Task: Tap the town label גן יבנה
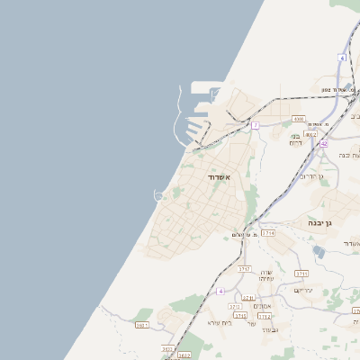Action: [x=314, y=222]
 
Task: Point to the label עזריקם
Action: [x=302, y=290]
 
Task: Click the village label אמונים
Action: [x=263, y=306]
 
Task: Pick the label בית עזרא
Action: [x=220, y=322]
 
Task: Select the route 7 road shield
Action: [x=256, y=125]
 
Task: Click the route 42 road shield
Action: [x=323, y=142]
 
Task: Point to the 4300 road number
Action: [x=298, y=118]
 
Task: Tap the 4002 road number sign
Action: [x=311, y=134]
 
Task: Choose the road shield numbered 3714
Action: [x=267, y=233]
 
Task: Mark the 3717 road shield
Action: [x=244, y=269]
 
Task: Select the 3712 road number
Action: [x=265, y=317]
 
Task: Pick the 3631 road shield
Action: [x=142, y=325]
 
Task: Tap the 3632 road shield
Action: [x=184, y=355]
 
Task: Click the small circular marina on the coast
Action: [x=159, y=193]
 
